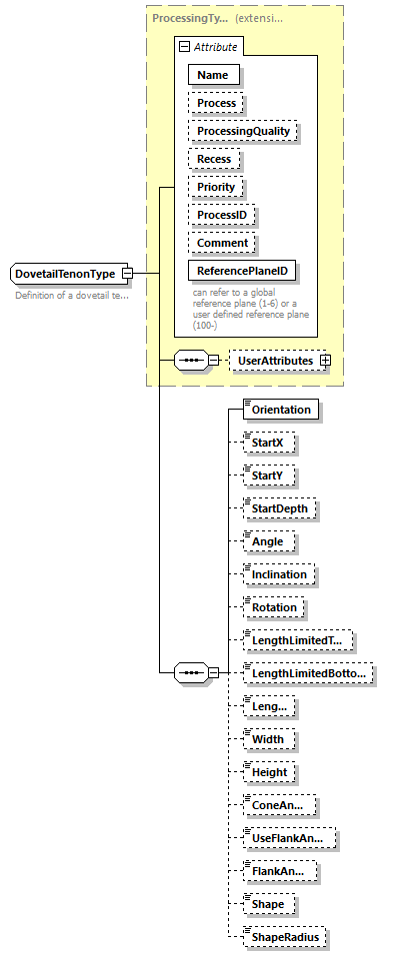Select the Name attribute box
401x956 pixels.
(212, 75)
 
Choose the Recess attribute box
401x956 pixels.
(214, 159)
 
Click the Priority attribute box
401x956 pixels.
(216, 187)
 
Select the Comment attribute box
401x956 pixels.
(222, 243)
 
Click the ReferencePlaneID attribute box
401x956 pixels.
(244, 271)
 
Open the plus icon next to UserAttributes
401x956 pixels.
(324, 360)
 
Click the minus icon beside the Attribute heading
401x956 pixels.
(183, 46)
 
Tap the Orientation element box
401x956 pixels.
(281, 410)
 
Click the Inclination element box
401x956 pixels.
(280, 574)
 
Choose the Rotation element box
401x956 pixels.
(274, 607)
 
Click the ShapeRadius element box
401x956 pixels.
(285, 937)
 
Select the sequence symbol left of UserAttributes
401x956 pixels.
(190, 360)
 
